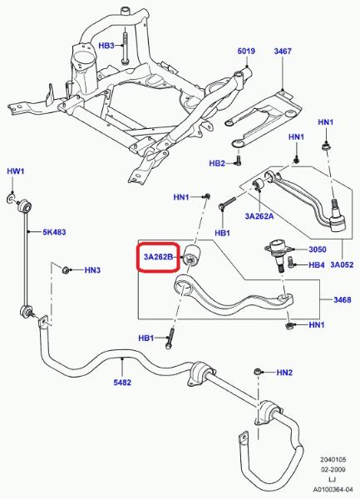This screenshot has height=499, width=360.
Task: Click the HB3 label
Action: pyautogui.click(x=106, y=46)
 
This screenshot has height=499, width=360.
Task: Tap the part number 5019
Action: pyautogui.click(x=246, y=51)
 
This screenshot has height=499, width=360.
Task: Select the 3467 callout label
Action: pyautogui.click(x=283, y=51)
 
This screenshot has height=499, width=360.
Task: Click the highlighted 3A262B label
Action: pyautogui.click(x=158, y=257)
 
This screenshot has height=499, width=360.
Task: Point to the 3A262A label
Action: pyautogui.click(x=259, y=216)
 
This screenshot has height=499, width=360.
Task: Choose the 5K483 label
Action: pyautogui.click(x=54, y=232)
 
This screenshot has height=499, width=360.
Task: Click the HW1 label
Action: pyautogui.click(x=16, y=171)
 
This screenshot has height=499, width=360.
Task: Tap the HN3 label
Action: pyautogui.click(x=92, y=270)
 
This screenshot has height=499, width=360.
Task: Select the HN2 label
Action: pyautogui.click(x=284, y=373)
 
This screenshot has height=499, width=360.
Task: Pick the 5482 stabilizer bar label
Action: pyautogui.click(x=122, y=383)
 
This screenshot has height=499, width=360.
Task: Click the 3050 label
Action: pyautogui.click(x=318, y=249)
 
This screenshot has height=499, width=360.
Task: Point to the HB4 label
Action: pyautogui.click(x=317, y=264)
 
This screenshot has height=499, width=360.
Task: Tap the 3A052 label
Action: pyautogui.click(x=342, y=264)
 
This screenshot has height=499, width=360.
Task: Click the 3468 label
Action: pyautogui.click(x=343, y=299)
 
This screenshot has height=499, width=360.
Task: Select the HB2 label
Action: pyautogui.click(x=217, y=163)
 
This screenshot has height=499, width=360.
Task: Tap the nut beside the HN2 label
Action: pyautogui.click(x=257, y=372)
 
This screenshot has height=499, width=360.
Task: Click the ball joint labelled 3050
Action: pyautogui.click(x=278, y=254)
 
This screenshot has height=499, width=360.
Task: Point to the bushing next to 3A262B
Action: pyautogui.click(x=192, y=256)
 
